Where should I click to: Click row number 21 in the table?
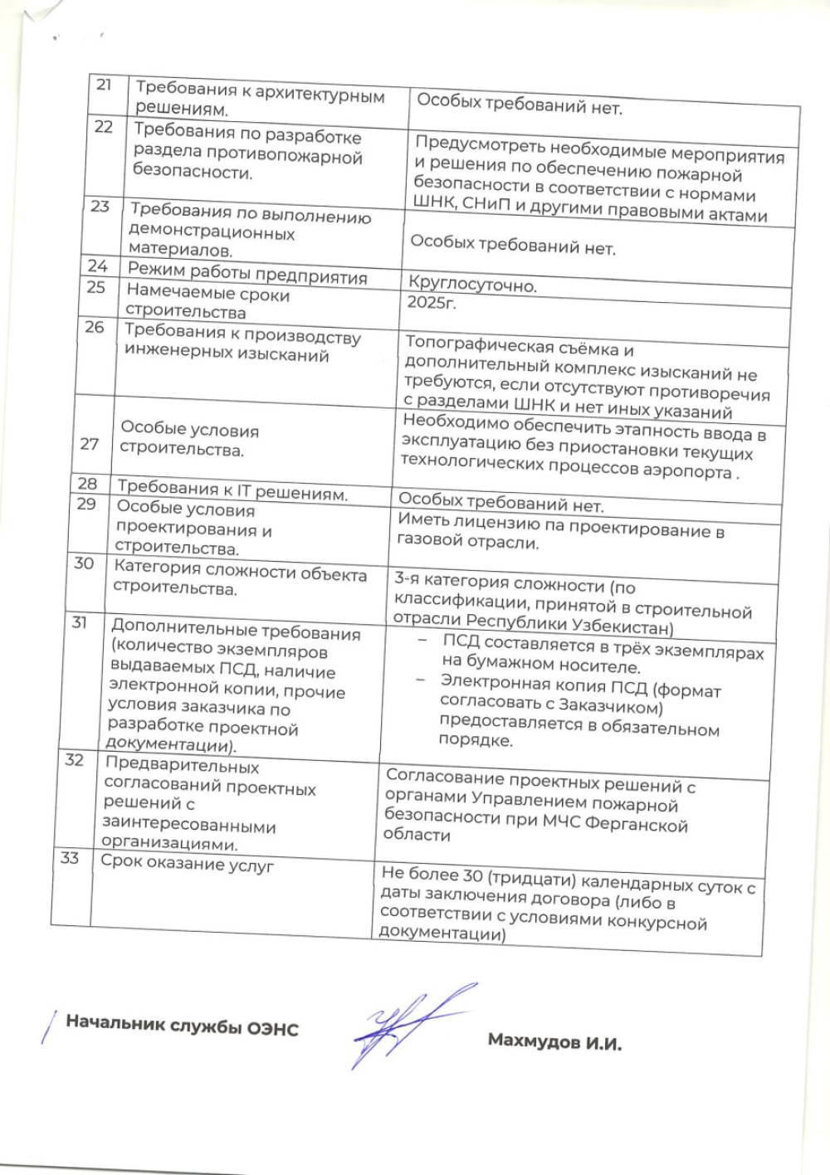[104, 85]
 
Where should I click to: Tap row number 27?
[90, 443]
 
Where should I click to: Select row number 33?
[70, 857]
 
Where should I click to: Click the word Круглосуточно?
[472, 285]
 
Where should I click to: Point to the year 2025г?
[432, 302]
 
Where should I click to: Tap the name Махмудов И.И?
[554, 1041]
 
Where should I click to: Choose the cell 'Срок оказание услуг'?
[188, 864]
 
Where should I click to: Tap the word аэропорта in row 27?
[677, 470]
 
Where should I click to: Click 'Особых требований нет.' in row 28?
[501, 502]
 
